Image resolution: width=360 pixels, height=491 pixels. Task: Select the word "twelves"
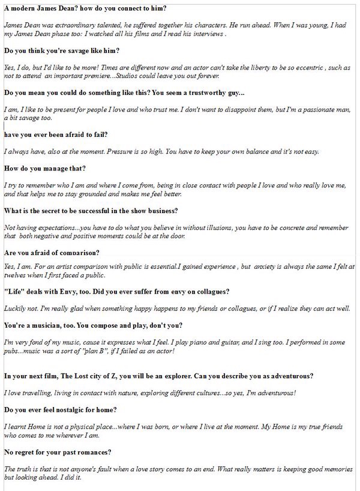tap(16, 275)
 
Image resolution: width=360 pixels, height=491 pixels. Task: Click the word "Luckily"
tap(16, 309)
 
